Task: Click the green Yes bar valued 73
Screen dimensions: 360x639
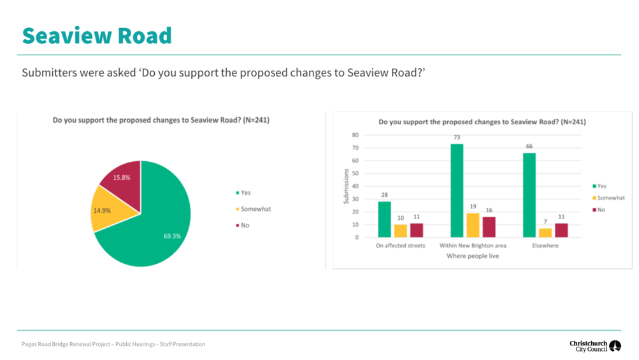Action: pyautogui.click(x=457, y=191)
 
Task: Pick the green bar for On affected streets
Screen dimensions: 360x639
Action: pyautogui.click(x=384, y=219)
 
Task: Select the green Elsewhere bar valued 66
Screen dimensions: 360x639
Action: pyautogui.click(x=529, y=195)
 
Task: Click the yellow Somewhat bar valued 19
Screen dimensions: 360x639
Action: pyautogui.click(x=473, y=225)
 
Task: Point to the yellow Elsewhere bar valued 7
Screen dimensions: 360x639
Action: pyautogui.click(x=545, y=233)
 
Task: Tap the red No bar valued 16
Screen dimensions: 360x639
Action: pyautogui.click(x=489, y=227)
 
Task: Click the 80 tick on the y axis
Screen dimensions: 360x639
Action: pyautogui.click(x=355, y=135)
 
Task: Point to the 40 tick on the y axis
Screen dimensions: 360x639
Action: pyautogui.click(x=355, y=186)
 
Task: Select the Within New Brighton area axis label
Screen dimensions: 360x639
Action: pyautogui.click(x=473, y=245)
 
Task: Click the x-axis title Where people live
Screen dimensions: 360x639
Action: pyautogui.click(x=473, y=256)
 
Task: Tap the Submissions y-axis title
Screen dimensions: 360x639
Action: pyautogui.click(x=347, y=186)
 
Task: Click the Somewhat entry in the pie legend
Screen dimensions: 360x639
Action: pyautogui.click(x=255, y=209)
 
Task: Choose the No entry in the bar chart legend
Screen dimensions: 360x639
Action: pyautogui.click(x=601, y=210)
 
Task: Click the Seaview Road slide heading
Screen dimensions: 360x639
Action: pyautogui.click(x=97, y=35)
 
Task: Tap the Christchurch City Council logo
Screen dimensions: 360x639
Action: pyautogui.click(x=595, y=346)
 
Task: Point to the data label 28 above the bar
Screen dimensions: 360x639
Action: pyautogui.click(x=384, y=195)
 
